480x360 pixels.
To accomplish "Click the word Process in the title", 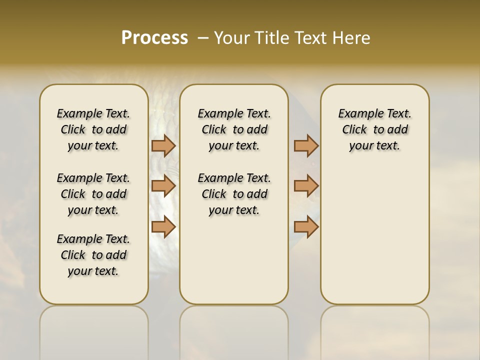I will [154, 38].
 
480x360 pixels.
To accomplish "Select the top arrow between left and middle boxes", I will [163, 145].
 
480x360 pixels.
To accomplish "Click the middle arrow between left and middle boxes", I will [163, 186].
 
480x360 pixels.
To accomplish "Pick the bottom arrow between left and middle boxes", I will [163, 227].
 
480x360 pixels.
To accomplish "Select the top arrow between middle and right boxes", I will [306, 145].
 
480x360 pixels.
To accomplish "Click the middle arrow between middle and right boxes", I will [306, 186].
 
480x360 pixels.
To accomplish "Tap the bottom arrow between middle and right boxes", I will [306, 227].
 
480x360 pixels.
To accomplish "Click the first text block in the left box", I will [93, 129].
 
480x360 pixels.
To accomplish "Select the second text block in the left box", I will [93, 194].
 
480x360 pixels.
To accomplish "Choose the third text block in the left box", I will [93, 255].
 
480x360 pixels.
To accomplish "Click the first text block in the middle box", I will [234, 129].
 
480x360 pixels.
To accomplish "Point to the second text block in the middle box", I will [234, 194].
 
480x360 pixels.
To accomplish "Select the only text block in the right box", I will [374, 129].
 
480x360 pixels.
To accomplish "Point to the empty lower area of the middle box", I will [234, 260].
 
